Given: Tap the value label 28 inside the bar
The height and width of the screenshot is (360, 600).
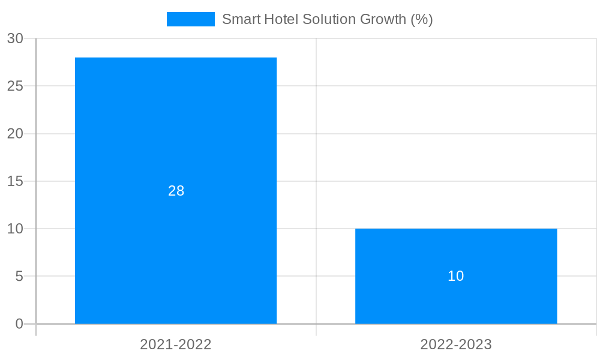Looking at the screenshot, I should [176, 191].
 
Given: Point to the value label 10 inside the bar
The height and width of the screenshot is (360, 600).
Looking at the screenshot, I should [456, 276].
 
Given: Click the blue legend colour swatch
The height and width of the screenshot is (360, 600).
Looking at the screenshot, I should [190, 19].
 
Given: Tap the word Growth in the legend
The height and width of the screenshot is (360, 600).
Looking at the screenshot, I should [383, 19].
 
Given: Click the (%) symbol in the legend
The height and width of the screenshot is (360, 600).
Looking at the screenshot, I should [422, 19].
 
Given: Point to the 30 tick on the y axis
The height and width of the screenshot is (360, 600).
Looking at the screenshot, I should [15, 38].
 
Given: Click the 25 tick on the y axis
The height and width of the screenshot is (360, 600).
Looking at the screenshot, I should [15, 86].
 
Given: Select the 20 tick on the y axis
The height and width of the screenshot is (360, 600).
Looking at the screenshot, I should [15, 134].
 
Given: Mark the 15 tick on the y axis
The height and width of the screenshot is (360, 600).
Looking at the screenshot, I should [15, 181].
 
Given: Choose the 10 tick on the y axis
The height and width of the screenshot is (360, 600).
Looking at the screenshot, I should [15, 229].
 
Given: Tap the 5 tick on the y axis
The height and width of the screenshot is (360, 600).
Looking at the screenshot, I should [19, 277].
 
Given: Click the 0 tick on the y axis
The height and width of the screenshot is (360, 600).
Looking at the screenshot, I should [19, 324].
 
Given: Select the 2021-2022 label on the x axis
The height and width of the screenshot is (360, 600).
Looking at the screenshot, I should [176, 344].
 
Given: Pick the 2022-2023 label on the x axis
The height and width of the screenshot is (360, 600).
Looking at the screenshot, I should [456, 344].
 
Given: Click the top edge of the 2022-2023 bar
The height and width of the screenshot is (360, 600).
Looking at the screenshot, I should [456, 229].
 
